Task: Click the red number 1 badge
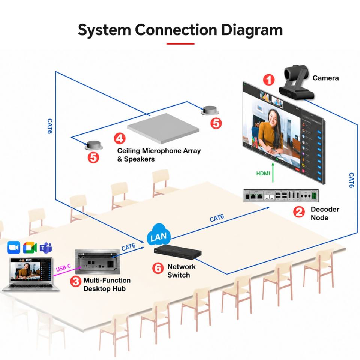(x=268, y=79)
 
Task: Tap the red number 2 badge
(x=299, y=212)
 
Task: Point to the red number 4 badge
(x=120, y=138)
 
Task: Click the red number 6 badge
(x=158, y=268)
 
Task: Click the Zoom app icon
(x=13, y=247)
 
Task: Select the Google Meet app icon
(x=30, y=247)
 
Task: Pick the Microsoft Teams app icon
(x=46, y=247)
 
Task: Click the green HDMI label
(x=263, y=173)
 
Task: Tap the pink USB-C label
(x=63, y=267)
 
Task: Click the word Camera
(x=325, y=78)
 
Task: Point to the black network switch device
(x=178, y=252)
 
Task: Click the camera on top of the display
(x=296, y=82)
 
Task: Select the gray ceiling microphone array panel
(x=163, y=128)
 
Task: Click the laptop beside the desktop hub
(x=30, y=274)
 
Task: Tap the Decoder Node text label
(x=325, y=213)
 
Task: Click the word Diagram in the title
(x=252, y=30)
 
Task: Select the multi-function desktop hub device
(x=97, y=261)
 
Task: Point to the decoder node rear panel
(x=281, y=196)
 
